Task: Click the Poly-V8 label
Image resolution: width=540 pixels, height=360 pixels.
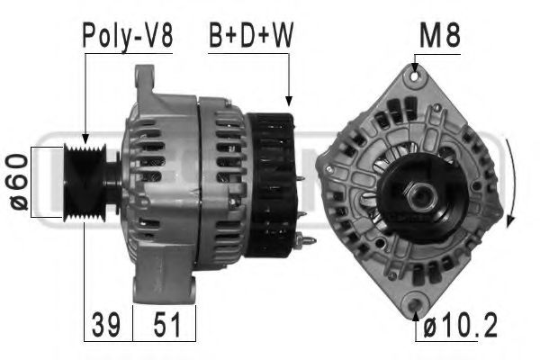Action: pyautogui.click(x=127, y=37)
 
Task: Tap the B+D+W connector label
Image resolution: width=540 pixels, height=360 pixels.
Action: pyautogui.click(x=251, y=37)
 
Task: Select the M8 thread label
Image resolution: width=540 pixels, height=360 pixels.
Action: pyautogui.click(x=440, y=37)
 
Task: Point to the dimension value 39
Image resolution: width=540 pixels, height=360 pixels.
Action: pyautogui.click(x=106, y=323)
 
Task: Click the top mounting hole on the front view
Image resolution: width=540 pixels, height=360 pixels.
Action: pyautogui.click(x=415, y=77)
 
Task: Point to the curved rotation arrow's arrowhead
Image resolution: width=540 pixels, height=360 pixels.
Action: pyautogui.click(x=510, y=221)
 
